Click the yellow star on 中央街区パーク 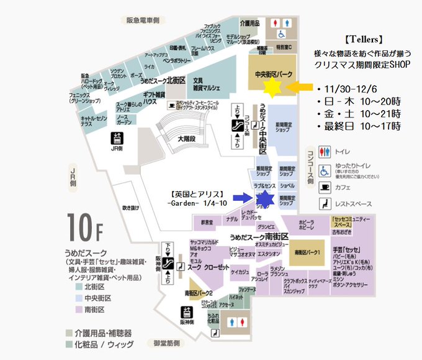click(x=271, y=86)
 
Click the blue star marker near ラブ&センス click(x=264, y=199)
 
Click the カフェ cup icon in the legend click(x=325, y=187)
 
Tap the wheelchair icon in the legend click(x=325, y=170)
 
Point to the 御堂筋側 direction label click(x=164, y=343)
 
